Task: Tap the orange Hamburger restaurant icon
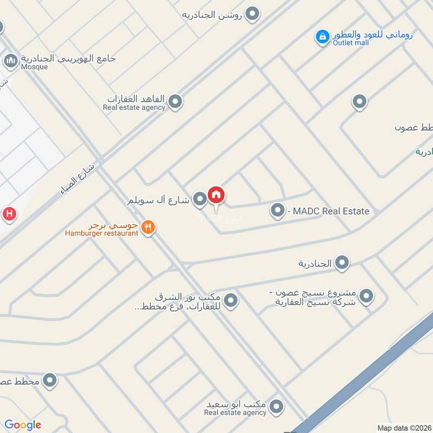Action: coord(148,228)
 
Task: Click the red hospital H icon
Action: coord(9,214)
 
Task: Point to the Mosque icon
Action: coord(10,61)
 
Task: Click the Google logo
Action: coord(23,425)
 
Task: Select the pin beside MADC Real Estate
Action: coord(278,211)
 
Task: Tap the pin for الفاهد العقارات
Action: coord(175,101)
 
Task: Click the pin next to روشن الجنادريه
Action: coord(252,15)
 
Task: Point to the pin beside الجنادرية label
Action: coord(342,264)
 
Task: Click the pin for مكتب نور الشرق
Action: coord(231,299)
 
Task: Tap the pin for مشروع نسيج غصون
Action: coord(367,296)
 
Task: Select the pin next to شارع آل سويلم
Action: coord(200,200)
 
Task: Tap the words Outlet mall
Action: coord(351,43)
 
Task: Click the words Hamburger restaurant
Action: coord(102,233)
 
